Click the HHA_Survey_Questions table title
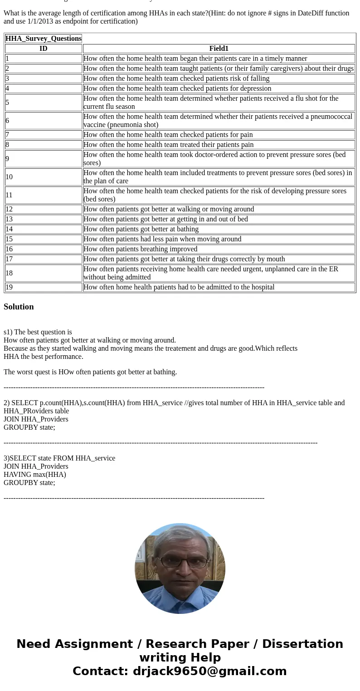pos(44,39)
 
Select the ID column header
pos(44,49)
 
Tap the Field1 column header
pos(219,49)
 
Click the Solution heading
pos(19,307)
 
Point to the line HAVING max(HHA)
pos(35,475)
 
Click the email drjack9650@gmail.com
pos(209,671)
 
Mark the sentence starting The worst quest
pos(90,372)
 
